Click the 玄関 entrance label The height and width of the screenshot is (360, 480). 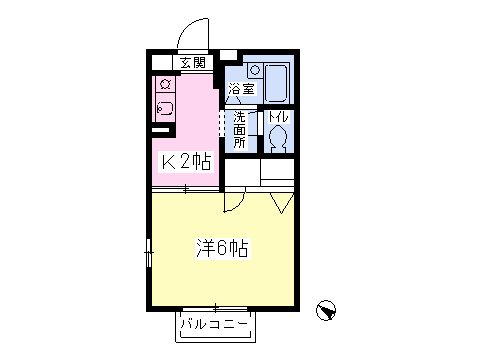[x=193, y=63]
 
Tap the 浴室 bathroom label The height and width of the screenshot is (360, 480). [x=242, y=89]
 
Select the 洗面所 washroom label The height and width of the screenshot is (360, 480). [x=239, y=129]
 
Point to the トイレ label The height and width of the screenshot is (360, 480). [x=278, y=117]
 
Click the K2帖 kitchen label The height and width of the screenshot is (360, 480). [x=186, y=162]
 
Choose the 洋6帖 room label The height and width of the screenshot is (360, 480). [x=222, y=248]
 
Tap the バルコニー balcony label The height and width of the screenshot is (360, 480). [x=215, y=324]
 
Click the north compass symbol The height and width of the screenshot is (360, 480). [x=326, y=310]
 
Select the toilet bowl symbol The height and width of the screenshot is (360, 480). [x=278, y=138]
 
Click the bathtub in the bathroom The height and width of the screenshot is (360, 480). [x=276, y=83]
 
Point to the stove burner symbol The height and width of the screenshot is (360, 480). [x=166, y=84]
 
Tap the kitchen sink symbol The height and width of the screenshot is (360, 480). [x=165, y=108]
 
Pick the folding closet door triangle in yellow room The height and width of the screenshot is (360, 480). [x=282, y=203]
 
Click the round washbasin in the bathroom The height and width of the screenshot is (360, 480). [x=255, y=70]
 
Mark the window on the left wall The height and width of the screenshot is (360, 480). [x=149, y=253]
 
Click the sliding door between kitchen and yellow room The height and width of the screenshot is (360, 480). [x=186, y=190]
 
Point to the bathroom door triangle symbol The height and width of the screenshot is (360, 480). [x=234, y=99]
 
